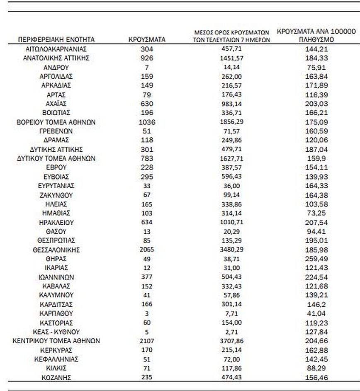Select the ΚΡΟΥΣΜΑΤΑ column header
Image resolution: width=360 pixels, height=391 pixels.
(x=147, y=40)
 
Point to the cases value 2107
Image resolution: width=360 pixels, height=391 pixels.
(x=147, y=341)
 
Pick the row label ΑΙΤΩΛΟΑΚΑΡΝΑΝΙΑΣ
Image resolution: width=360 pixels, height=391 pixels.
(x=56, y=49)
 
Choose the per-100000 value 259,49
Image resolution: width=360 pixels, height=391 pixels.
(x=316, y=259)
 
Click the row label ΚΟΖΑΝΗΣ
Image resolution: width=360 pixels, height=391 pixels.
(x=56, y=377)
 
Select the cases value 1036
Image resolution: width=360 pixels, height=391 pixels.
(x=147, y=122)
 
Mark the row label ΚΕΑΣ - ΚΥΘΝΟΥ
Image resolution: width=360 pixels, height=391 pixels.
(x=56, y=332)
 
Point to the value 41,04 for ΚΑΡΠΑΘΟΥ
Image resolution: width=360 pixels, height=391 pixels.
(x=316, y=313)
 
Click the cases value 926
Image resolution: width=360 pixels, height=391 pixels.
(x=147, y=58)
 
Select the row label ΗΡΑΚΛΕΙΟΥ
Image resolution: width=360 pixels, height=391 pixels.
(x=56, y=222)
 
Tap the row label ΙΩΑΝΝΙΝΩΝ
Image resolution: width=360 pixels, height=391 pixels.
(x=56, y=277)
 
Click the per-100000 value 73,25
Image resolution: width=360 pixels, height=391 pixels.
(x=316, y=213)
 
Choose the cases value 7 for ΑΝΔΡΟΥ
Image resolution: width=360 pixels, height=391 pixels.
(x=147, y=67)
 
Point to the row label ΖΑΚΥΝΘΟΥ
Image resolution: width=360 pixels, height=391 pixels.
(x=56, y=195)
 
